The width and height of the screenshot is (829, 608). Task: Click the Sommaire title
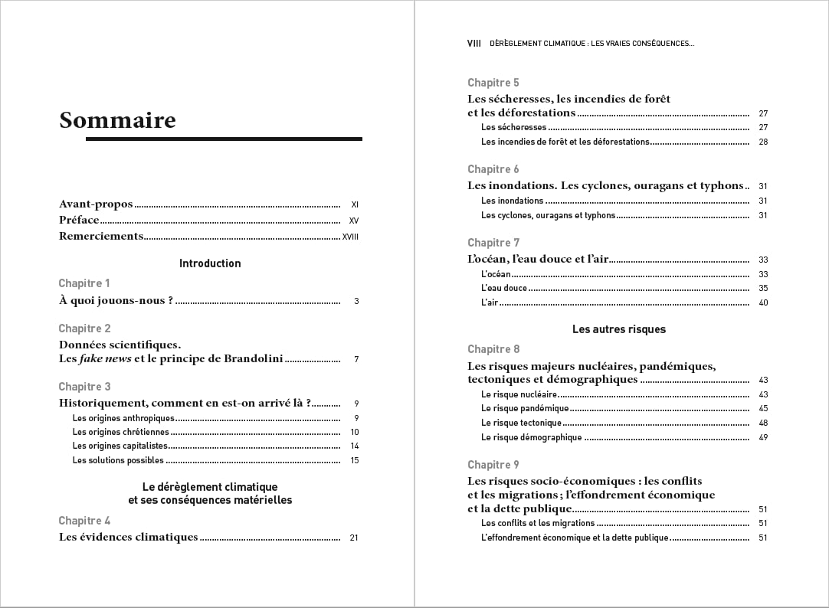pyautogui.click(x=117, y=121)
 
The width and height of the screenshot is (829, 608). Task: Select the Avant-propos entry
pyautogui.click(x=96, y=204)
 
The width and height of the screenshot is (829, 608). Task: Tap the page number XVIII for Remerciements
pyautogui.click(x=350, y=237)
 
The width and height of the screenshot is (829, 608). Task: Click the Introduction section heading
pyautogui.click(x=210, y=263)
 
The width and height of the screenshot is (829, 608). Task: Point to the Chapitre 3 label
pyautogui.click(x=84, y=387)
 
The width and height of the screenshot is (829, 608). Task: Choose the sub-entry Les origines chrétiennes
pyautogui.click(x=120, y=432)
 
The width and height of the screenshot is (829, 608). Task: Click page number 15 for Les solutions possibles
pyautogui.click(x=355, y=460)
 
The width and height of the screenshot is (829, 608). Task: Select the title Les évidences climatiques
pyautogui.click(x=128, y=538)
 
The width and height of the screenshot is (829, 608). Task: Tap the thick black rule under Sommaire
pyautogui.click(x=224, y=139)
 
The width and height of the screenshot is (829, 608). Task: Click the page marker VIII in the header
pyautogui.click(x=473, y=44)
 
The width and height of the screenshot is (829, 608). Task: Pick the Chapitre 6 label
pyautogui.click(x=493, y=169)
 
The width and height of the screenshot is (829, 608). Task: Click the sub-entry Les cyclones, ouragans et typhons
pyautogui.click(x=548, y=215)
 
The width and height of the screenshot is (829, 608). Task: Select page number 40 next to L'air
pyautogui.click(x=763, y=302)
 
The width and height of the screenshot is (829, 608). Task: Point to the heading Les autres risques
pyautogui.click(x=619, y=329)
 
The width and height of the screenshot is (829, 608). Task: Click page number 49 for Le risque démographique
pyautogui.click(x=763, y=437)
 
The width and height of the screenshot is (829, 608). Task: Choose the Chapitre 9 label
pyautogui.click(x=493, y=465)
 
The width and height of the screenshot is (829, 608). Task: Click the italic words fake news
pyautogui.click(x=105, y=358)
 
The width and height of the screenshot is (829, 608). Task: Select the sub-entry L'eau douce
pyautogui.click(x=504, y=288)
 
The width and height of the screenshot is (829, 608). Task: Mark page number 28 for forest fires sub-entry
pyautogui.click(x=763, y=142)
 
